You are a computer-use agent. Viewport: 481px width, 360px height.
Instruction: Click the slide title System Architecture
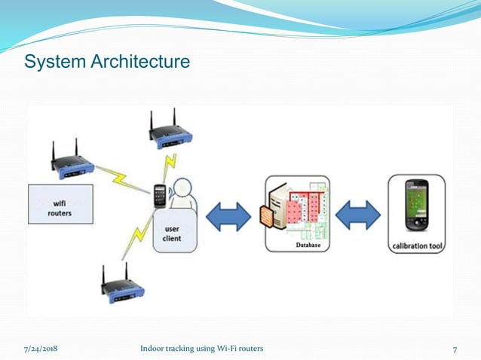point(107,62)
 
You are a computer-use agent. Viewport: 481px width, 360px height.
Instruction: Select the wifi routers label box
point(60,203)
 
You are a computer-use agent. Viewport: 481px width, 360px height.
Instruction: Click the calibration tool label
point(415,245)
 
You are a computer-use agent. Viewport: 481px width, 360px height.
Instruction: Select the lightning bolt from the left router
point(121,179)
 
